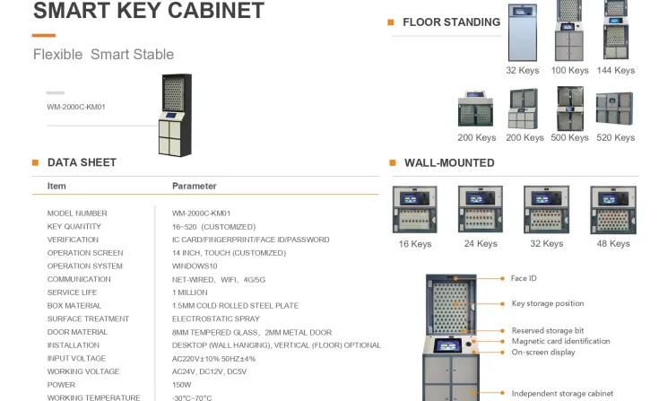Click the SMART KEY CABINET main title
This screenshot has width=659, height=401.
[149, 12]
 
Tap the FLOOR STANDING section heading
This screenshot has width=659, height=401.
[451, 22]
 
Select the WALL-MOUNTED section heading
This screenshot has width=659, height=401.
[449, 163]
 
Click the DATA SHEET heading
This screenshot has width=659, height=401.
[82, 162]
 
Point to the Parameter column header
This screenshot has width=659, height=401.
[195, 187]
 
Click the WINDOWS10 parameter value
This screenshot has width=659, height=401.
[195, 266]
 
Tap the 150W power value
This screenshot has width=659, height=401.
[182, 385]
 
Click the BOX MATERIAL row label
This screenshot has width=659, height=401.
[74, 306]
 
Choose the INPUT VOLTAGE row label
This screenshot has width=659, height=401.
[75, 359]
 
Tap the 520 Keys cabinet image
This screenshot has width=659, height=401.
[614, 109]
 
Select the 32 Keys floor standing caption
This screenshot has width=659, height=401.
[523, 71]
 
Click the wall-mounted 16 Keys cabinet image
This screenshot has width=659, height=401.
[414, 210]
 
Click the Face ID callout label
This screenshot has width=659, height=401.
[524, 279]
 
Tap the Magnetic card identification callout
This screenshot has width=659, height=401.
[560, 341]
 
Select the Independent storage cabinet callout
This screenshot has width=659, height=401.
[562, 393]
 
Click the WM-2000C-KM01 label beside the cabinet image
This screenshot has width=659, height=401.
[76, 108]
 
